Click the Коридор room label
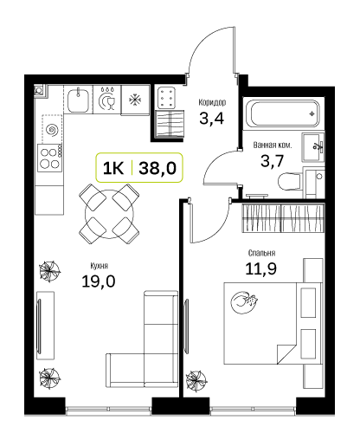(x=212, y=102)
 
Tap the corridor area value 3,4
(x=212, y=119)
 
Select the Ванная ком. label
(x=273, y=145)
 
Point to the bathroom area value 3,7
(x=273, y=161)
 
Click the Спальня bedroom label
(x=261, y=253)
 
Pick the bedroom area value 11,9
(x=260, y=268)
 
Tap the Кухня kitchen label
(x=99, y=266)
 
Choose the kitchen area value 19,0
(x=99, y=281)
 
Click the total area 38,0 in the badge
(x=157, y=168)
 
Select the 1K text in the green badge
(x=113, y=168)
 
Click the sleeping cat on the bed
(x=244, y=302)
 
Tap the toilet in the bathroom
(x=290, y=182)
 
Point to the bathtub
(x=284, y=113)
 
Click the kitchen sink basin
(x=78, y=100)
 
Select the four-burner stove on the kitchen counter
(x=49, y=158)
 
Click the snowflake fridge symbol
(x=135, y=100)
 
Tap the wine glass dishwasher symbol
(x=107, y=100)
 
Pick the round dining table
(x=109, y=214)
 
